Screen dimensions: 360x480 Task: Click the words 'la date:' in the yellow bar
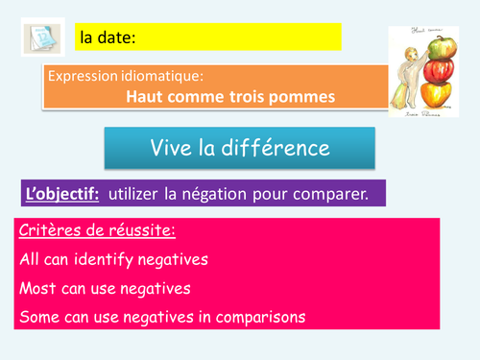pyautogui.click(x=107, y=38)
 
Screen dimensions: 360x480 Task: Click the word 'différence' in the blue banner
pyautogui.click(x=269, y=148)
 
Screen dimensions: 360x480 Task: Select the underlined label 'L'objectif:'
pyautogui.click(x=62, y=194)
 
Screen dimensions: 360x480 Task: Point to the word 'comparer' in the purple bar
pyautogui.click(x=328, y=195)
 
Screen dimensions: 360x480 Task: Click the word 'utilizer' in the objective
pyautogui.click(x=136, y=194)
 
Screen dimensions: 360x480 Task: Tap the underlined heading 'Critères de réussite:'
pyautogui.click(x=91, y=231)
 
